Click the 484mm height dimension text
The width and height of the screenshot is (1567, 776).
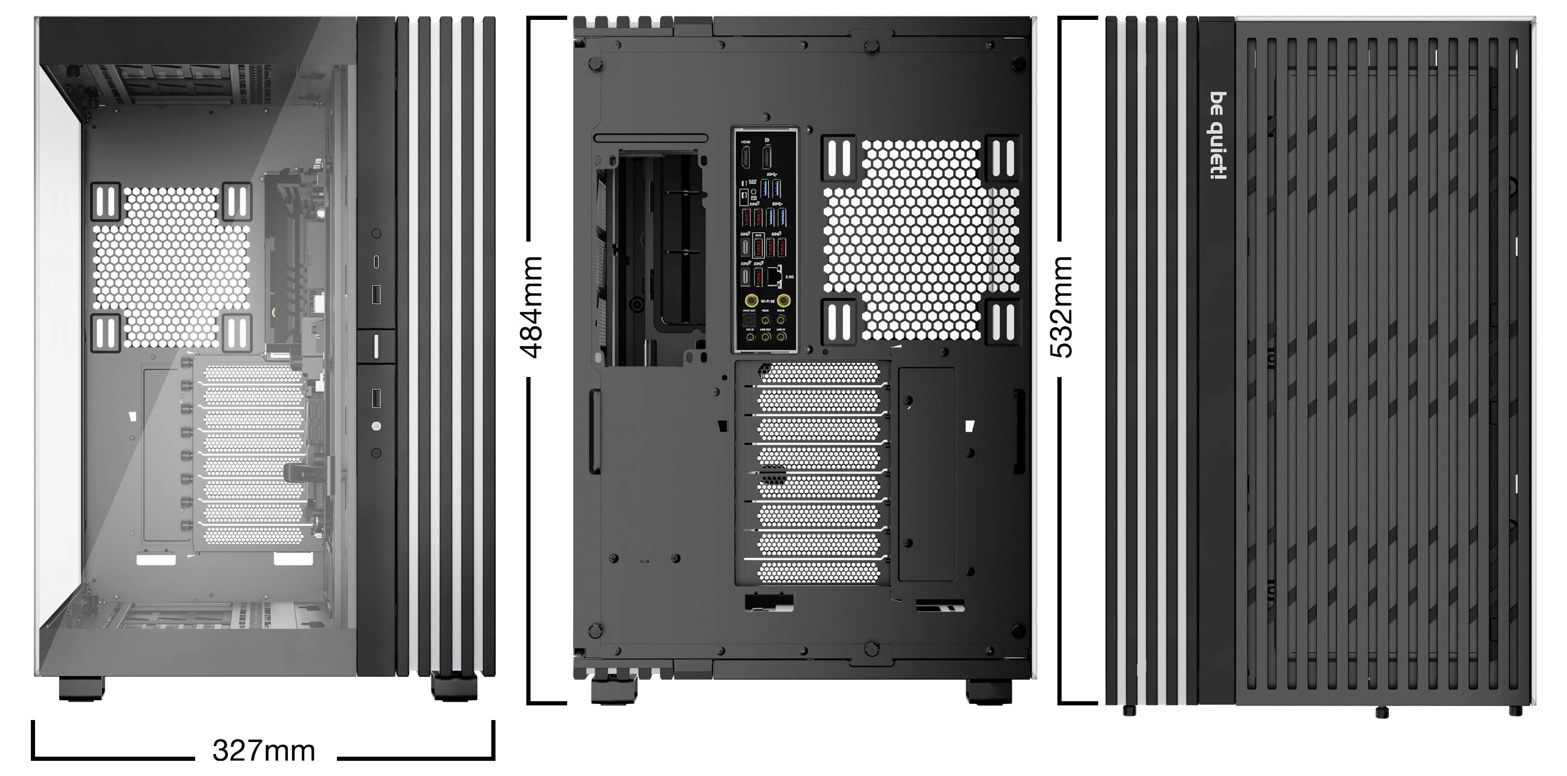[531, 307]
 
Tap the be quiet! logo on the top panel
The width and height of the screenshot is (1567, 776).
[1217, 135]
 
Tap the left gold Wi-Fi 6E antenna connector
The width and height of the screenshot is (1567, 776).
[752, 301]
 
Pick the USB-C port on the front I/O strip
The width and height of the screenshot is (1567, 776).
[377, 262]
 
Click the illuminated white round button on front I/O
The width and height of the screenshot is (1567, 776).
[376, 426]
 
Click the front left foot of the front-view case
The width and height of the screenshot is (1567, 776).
[82, 688]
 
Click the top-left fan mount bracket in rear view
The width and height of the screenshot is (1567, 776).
[839, 157]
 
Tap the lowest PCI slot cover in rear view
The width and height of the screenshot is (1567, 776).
[818, 572]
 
